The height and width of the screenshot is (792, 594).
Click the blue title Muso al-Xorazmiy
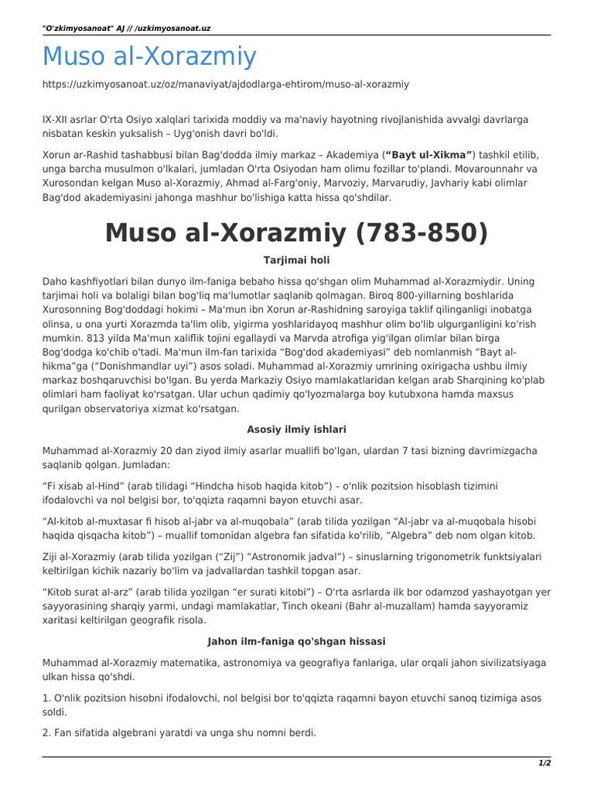pyautogui.click(x=148, y=56)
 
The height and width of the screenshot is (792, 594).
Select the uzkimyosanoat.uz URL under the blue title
pyautogui.click(x=225, y=84)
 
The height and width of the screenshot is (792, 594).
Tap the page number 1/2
pyautogui.click(x=544, y=763)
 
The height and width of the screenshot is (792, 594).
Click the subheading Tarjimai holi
pyautogui.click(x=297, y=261)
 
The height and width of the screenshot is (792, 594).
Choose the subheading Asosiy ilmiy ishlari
pyautogui.click(x=297, y=428)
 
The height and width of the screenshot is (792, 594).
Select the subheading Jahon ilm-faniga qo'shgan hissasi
pyautogui.click(x=297, y=641)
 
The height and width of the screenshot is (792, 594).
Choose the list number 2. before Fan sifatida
pyautogui.click(x=46, y=732)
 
